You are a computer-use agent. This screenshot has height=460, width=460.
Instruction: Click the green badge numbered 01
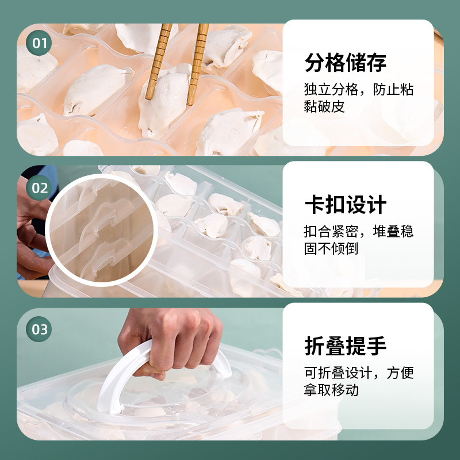point(40,44)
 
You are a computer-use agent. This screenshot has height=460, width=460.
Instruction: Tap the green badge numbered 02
point(40,188)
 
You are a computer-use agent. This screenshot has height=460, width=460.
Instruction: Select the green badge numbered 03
point(40,329)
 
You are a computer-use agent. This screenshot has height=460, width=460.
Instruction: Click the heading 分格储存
point(345,63)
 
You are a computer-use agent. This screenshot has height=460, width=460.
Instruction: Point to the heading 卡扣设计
point(345,205)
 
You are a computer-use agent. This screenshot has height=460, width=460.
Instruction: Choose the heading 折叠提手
point(345,347)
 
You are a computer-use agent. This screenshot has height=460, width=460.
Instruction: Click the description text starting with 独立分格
point(358,98)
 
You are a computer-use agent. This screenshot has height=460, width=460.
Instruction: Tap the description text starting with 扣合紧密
point(358,240)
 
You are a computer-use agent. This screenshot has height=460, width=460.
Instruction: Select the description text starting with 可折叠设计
point(358,381)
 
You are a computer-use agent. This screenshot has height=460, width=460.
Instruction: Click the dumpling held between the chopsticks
point(167,98)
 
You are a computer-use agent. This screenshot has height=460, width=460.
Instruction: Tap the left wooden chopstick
point(158,57)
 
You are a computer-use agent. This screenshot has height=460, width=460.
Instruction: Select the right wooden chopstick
point(198,57)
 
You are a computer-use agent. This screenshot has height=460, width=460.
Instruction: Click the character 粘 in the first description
point(407,90)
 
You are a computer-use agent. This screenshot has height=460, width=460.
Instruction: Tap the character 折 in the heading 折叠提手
point(315,347)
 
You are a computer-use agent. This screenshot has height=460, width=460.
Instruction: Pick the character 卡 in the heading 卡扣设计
point(315,205)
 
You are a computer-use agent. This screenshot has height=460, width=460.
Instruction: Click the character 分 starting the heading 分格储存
point(315,63)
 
